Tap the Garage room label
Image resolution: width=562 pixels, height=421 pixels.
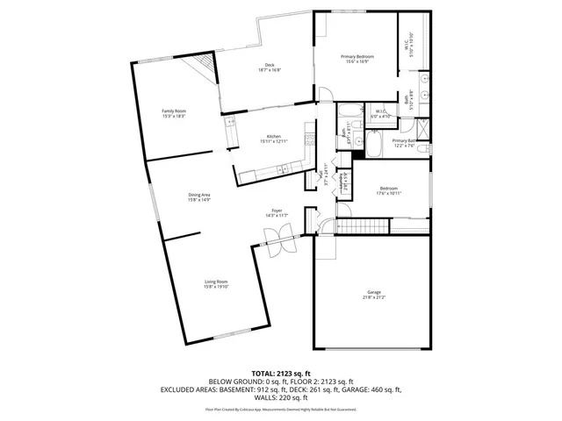click(x=374, y=292)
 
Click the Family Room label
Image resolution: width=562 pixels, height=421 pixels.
click(x=173, y=111)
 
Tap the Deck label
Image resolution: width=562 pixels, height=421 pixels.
click(x=270, y=66)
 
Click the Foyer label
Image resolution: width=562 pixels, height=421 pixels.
click(x=277, y=210)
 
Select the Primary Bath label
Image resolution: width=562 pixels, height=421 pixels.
click(x=403, y=140)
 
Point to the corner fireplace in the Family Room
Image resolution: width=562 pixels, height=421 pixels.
click(x=205, y=66)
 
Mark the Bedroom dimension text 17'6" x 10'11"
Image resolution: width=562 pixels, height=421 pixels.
click(x=389, y=193)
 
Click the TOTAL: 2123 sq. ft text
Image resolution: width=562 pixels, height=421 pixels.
click(x=280, y=373)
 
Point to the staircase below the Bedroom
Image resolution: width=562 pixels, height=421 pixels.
click(x=353, y=227)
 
